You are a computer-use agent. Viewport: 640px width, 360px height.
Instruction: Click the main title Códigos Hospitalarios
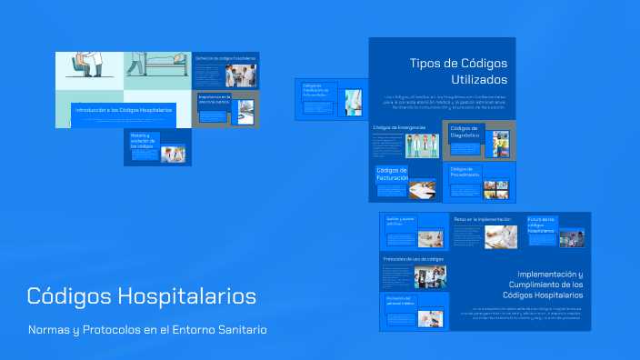pyautogui.click(x=141, y=296)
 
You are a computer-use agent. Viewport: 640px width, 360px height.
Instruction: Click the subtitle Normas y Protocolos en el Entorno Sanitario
pyautogui.click(x=147, y=330)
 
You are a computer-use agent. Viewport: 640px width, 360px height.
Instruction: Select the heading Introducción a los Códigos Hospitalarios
pyautogui.click(x=124, y=110)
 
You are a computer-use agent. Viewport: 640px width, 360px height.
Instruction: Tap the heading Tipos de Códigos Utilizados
pyautogui.click(x=458, y=72)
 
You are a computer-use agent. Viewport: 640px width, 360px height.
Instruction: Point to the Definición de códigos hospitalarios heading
pyautogui.click(x=225, y=58)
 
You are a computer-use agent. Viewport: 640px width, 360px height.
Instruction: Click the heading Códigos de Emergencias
pyautogui.click(x=399, y=128)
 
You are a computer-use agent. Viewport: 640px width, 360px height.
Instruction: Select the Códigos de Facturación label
pyautogui.click(x=392, y=174)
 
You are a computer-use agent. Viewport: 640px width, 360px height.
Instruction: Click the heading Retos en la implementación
pyautogui.click(x=482, y=219)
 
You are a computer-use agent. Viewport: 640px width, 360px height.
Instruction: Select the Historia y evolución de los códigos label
pyautogui.click(x=144, y=140)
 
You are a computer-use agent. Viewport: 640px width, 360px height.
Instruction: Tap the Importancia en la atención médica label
pyautogui.click(x=215, y=97)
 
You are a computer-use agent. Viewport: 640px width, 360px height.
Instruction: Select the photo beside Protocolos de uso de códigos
pyautogui.click(x=430, y=276)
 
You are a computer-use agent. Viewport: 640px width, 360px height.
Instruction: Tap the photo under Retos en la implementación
pyautogui.click(x=500, y=236)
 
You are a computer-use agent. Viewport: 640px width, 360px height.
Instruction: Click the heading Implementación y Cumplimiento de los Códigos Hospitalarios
pyautogui.click(x=545, y=285)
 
